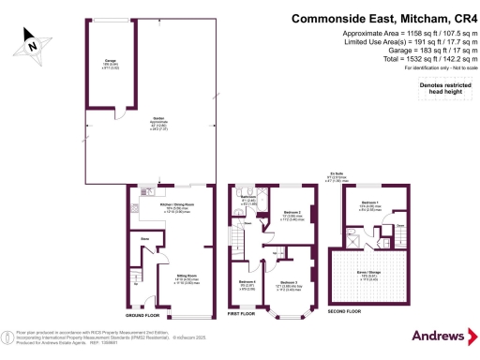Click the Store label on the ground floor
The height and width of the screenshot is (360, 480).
click(x=144, y=240)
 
